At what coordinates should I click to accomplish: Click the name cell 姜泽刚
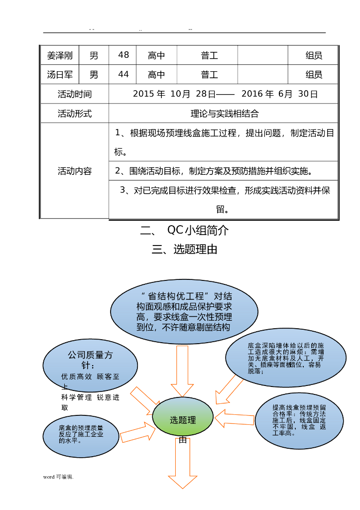pyautogui.click(x=60, y=56)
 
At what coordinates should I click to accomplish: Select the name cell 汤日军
pyautogui.click(x=60, y=75)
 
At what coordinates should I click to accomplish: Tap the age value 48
pyautogui.click(x=123, y=55)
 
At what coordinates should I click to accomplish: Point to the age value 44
pyautogui.click(x=123, y=75)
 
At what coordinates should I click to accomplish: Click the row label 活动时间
pyautogui.click(x=75, y=94)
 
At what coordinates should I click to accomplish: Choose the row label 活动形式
pyautogui.click(x=75, y=114)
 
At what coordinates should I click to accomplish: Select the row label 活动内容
pyautogui.click(x=75, y=171)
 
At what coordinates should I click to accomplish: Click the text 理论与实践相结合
pyautogui.click(x=225, y=114)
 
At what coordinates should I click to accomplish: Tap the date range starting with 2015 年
pyautogui.click(x=225, y=94)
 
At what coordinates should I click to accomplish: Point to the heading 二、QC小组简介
pyautogui.click(x=184, y=231)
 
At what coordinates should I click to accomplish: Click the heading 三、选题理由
pyautogui.click(x=185, y=250)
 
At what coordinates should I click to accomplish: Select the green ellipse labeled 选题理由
pyautogui.click(x=183, y=420)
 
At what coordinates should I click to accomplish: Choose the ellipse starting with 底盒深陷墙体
pyautogui.click(x=285, y=358)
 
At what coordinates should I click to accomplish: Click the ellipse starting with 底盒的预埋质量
pyautogui.click(x=81, y=435)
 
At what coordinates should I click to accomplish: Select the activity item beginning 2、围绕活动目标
pyautogui.click(x=214, y=171)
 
